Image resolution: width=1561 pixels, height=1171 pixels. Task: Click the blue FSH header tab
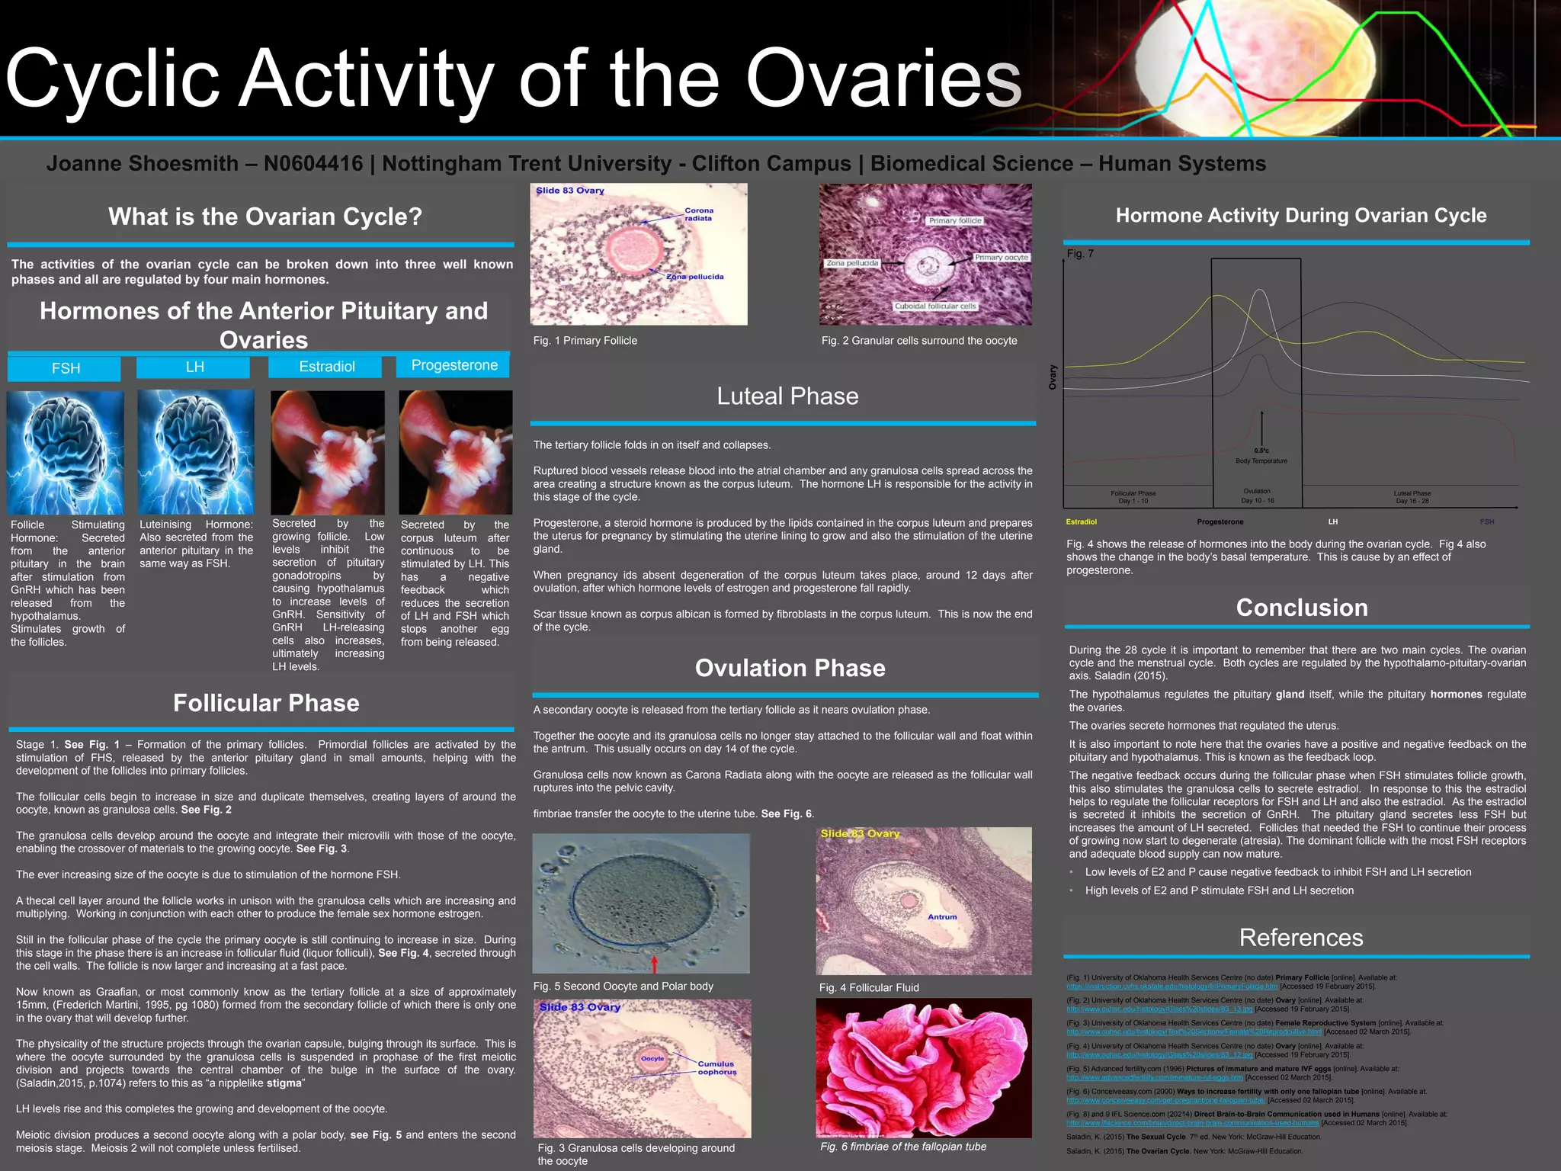tap(65, 368)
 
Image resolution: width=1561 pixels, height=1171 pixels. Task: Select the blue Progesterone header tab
tap(454, 366)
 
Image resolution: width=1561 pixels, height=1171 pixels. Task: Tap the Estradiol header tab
tap(326, 367)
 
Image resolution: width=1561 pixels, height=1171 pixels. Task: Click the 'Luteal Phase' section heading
tap(787, 396)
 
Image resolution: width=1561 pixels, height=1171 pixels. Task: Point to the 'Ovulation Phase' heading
tap(790, 668)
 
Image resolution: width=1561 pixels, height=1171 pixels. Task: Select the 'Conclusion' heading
tap(1301, 608)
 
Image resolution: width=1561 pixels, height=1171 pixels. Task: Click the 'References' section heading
tap(1300, 938)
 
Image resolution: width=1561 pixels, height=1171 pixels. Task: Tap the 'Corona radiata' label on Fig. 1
tap(698, 214)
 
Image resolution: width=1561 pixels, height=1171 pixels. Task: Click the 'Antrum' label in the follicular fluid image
tap(942, 917)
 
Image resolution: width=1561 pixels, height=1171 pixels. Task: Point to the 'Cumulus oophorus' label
tap(716, 1067)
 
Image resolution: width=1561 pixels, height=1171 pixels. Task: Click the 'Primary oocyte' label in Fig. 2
tap(1001, 258)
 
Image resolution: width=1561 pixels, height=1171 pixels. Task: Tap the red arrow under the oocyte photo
tap(654, 964)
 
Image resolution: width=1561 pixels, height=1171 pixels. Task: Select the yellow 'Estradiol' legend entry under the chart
tap(1081, 522)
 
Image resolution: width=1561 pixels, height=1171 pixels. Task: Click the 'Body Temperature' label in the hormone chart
tap(1261, 461)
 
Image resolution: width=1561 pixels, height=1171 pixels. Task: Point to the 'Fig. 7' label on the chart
tap(1079, 254)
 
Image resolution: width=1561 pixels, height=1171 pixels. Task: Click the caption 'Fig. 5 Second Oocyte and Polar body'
tap(623, 987)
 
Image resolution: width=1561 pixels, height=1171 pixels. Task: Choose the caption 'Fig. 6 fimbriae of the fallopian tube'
tap(902, 1147)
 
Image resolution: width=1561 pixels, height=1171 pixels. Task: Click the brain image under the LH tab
tap(196, 452)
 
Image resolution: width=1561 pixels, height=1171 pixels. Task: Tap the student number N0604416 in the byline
tap(313, 164)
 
